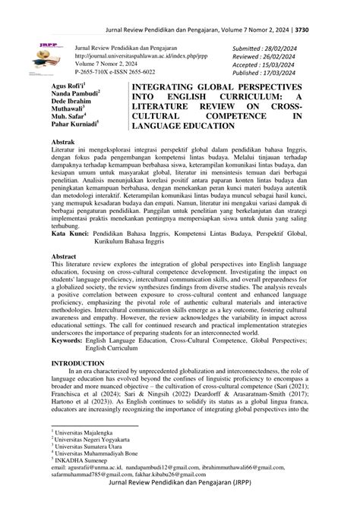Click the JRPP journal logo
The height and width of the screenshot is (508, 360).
click(x=41, y=55)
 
